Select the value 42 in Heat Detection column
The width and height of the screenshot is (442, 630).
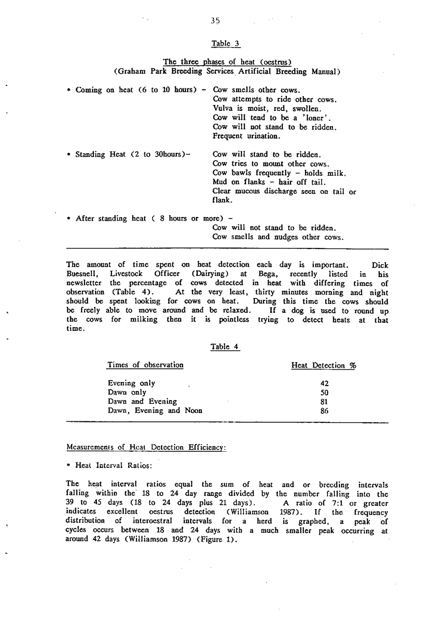click(324, 383)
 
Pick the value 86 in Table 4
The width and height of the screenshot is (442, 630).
click(324, 411)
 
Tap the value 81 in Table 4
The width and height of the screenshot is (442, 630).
click(324, 402)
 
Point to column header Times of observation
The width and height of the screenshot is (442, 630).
click(145, 365)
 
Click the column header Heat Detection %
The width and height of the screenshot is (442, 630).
click(324, 365)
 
